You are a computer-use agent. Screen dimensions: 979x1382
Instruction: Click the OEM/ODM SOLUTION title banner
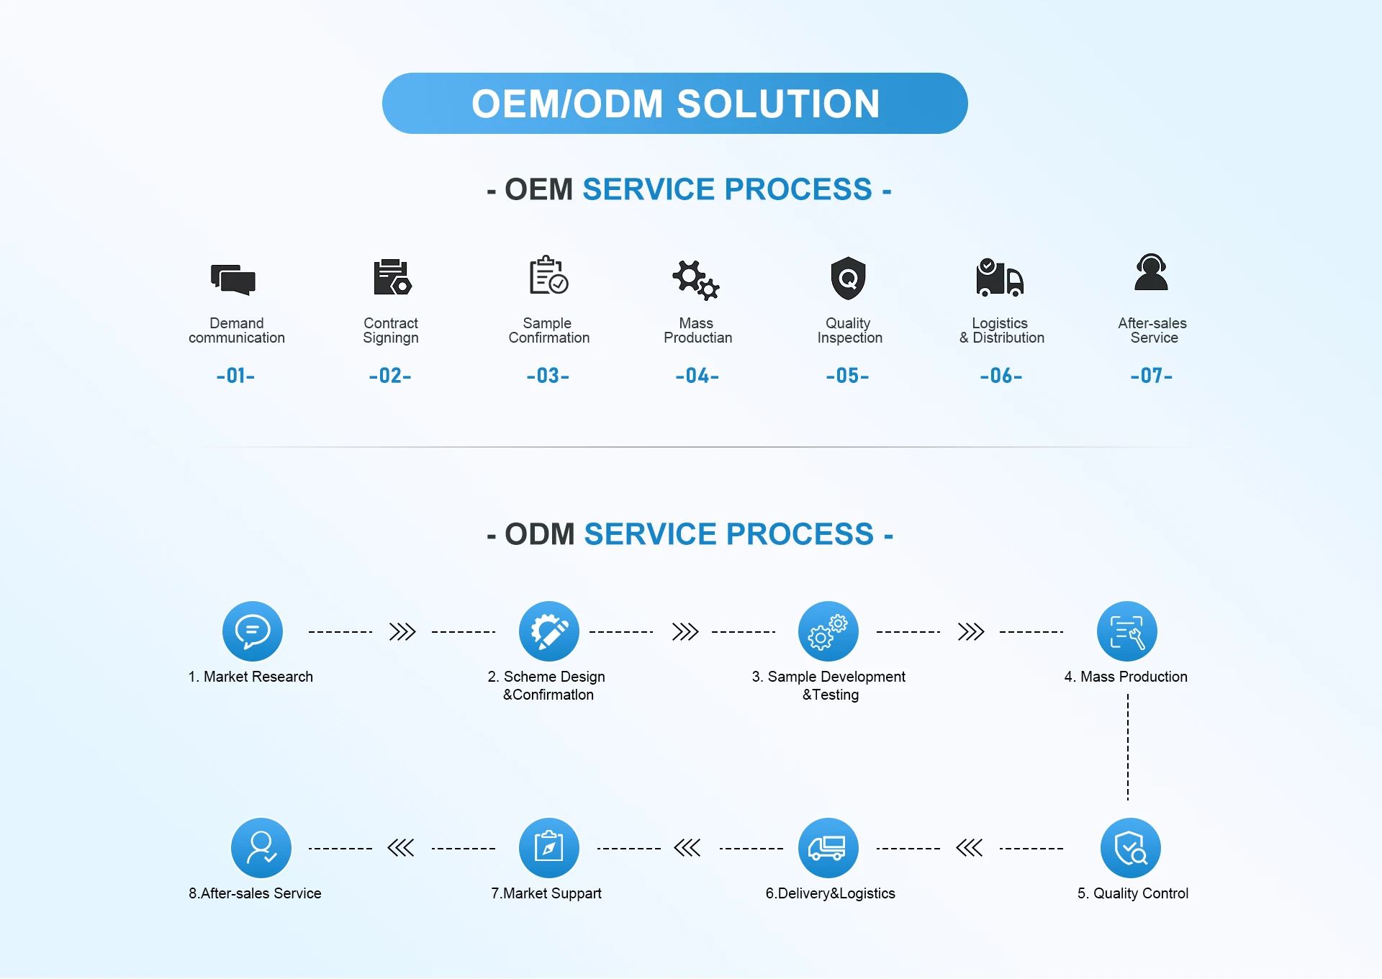coord(674,103)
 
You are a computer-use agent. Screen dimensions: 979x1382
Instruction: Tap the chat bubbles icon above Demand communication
coord(233,279)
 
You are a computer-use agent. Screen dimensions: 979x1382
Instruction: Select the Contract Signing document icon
coord(392,277)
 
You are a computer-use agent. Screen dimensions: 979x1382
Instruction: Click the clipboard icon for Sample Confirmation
coord(548,275)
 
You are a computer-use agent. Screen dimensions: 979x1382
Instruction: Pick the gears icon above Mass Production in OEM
coord(695,279)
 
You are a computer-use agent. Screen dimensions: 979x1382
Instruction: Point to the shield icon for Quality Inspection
coord(849,277)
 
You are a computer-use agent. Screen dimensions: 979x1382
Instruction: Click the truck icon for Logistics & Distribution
coord(999,278)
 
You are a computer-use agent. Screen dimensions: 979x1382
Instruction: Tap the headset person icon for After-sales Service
coord(1151,272)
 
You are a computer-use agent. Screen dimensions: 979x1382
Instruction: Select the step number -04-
coord(697,376)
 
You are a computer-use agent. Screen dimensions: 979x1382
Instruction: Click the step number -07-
coord(1151,376)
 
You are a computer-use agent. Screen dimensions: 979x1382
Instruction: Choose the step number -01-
coord(235,376)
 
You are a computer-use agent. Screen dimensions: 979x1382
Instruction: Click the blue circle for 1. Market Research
coord(252,631)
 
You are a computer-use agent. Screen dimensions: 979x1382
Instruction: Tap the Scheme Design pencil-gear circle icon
coord(548,631)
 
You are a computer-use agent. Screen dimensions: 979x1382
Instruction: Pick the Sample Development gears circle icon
coord(828,631)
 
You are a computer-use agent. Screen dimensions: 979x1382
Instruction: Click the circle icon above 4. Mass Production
coord(1126,631)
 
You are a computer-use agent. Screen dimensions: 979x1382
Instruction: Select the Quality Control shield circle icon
coord(1130,848)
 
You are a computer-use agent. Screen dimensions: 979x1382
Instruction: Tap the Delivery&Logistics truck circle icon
coord(828,848)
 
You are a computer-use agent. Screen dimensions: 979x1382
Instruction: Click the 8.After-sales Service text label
coord(255,893)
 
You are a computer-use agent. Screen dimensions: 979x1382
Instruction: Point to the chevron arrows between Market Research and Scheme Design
coord(402,632)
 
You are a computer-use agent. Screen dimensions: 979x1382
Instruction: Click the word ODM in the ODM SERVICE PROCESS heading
coord(539,534)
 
